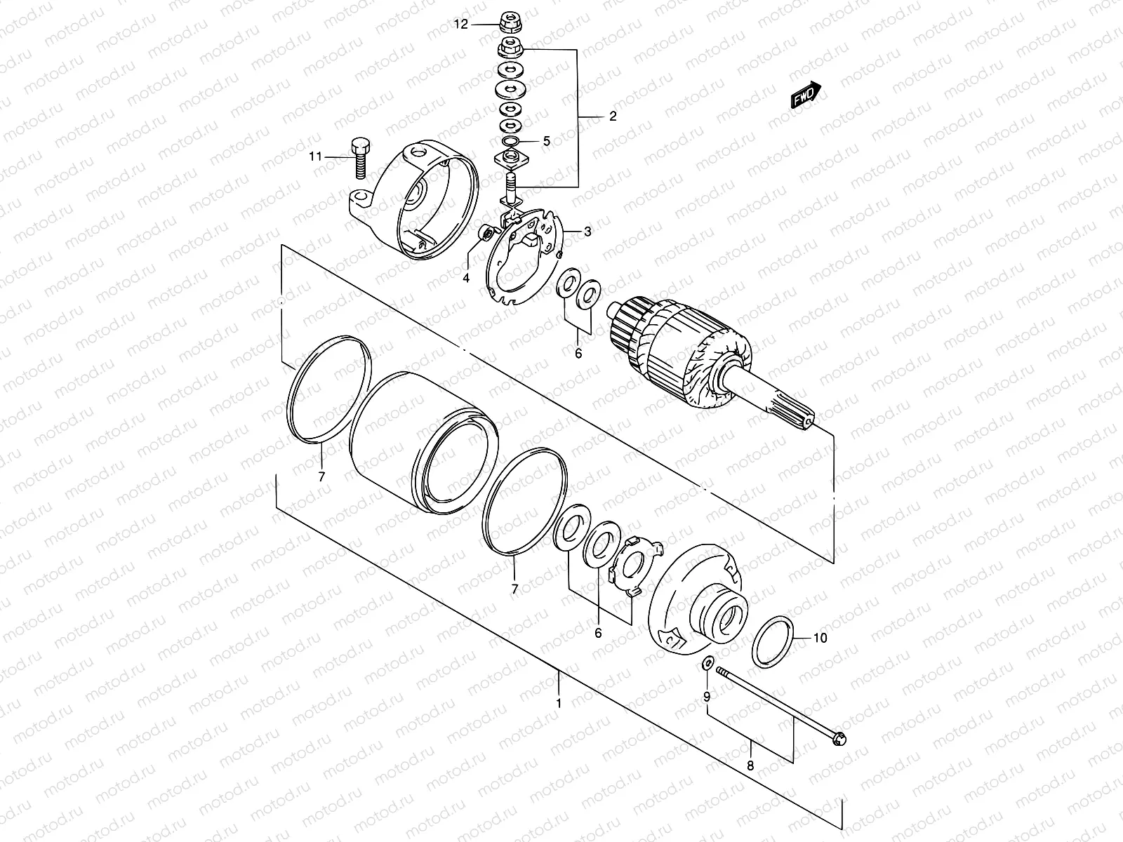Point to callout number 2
pos(612,116)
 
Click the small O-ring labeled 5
pos(511,142)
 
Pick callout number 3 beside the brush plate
pos(587,232)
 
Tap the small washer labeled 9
pos(707,663)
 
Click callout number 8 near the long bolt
pos(750,766)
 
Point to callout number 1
pos(559,702)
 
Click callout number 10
pos(820,638)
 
